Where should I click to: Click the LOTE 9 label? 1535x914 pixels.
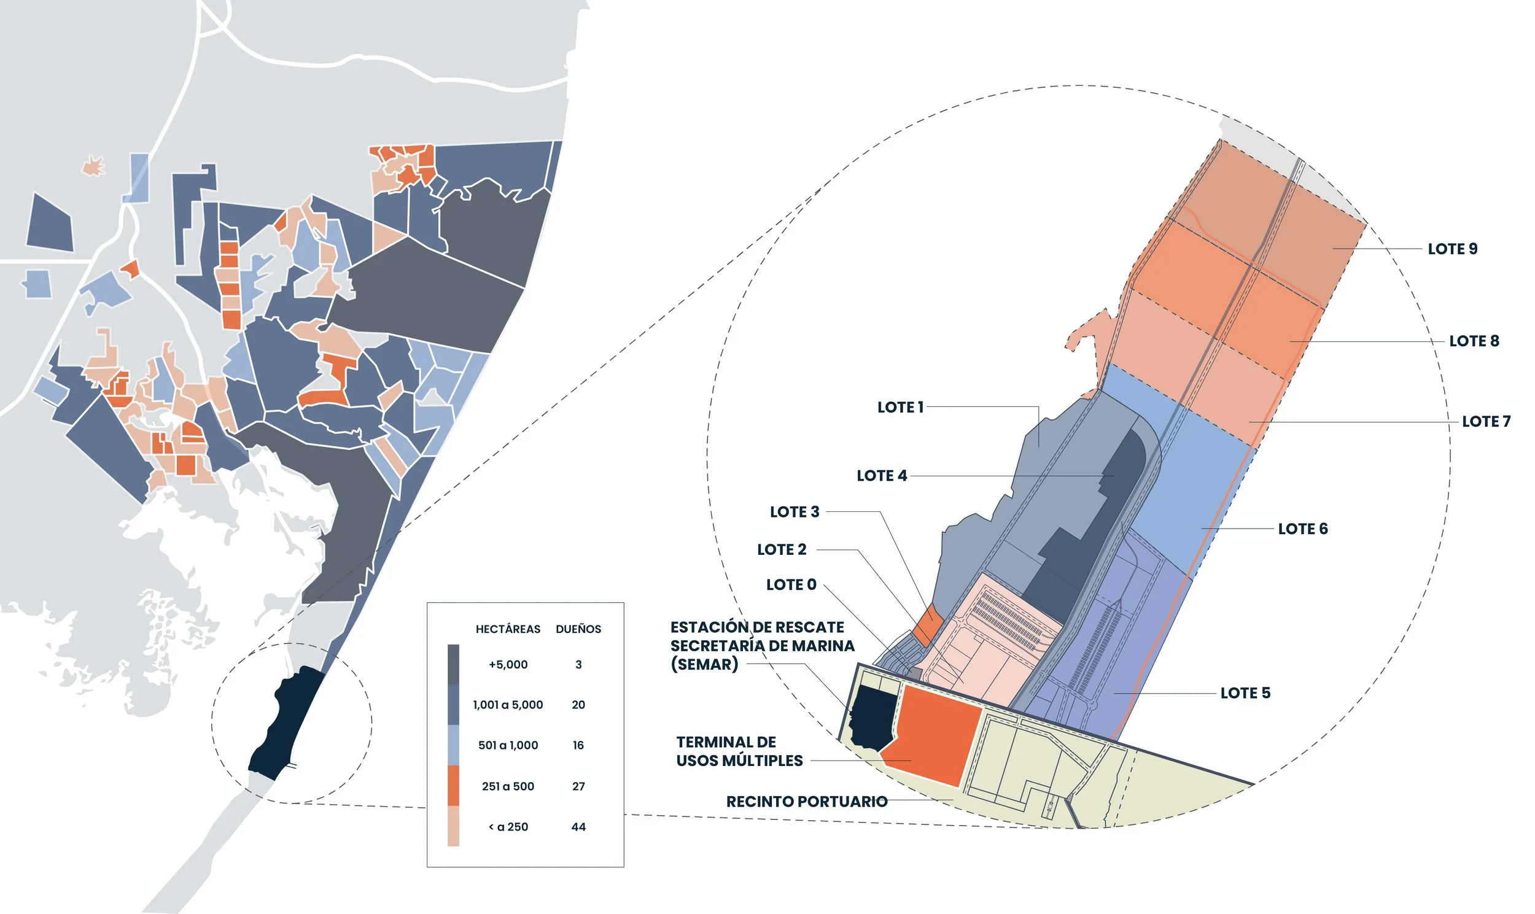(x=1453, y=249)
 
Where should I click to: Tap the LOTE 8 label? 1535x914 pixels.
(x=1474, y=341)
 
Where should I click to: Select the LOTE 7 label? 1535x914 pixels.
(x=1486, y=421)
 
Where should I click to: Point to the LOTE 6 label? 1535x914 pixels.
(x=1302, y=529)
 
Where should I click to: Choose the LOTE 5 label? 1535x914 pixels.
(x=1245, y=693)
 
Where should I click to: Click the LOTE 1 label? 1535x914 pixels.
(x=900, y=407)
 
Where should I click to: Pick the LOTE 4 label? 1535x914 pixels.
(x=882, y=476)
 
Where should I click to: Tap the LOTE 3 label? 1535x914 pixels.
(x=794, y=512)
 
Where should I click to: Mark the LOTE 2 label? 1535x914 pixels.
(x=781, y=549)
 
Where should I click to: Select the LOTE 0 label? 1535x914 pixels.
(x=791, y=584)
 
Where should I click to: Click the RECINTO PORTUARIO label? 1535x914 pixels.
(x=806, y=801)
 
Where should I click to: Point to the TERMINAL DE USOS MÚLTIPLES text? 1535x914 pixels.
(x=739, y=751)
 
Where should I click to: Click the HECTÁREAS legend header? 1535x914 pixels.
(x=508, y=629)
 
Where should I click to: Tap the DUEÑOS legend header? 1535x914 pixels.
(x=578, y=629)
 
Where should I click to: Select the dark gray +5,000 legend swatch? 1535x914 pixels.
(x=453, y=664)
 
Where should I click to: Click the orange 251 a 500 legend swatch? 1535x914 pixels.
(x=453, y=785)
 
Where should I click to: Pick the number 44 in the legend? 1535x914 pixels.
(x=578, y=827)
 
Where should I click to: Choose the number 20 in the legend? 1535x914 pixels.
(x=578, y=705)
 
